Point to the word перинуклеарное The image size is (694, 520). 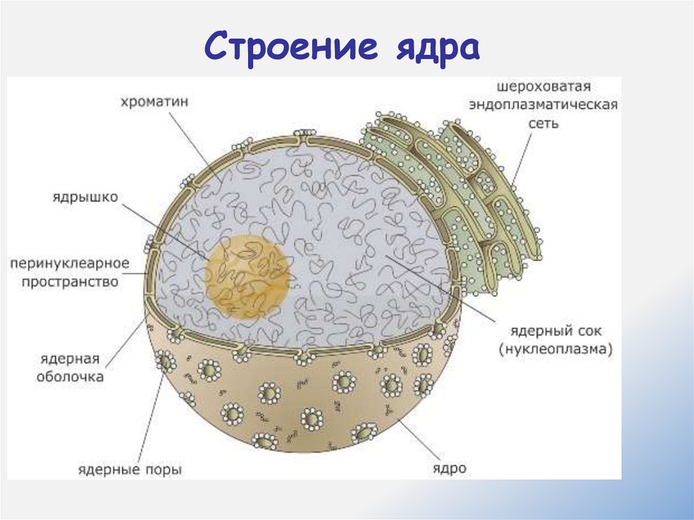click(70, 262)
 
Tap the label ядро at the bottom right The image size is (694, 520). click(449, 468)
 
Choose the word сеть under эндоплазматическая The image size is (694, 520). click(544, 125)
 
